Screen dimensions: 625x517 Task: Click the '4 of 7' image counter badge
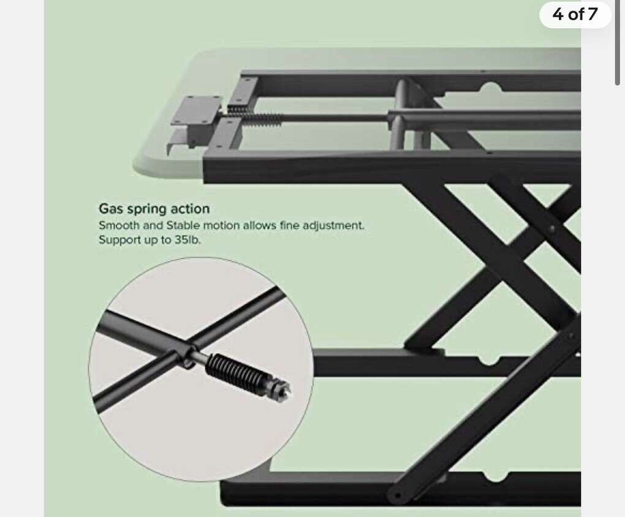tap(575, 15)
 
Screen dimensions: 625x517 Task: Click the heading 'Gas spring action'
tap(154, 208)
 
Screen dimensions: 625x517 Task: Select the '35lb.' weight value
tap(187, 240)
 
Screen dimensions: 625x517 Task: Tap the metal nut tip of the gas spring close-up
tap(281, 389)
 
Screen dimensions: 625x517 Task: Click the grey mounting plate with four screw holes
tap(197, 110)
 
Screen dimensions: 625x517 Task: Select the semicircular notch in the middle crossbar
tap(489, 360)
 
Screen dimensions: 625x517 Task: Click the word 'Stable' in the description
tap(183, 225)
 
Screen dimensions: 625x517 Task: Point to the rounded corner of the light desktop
tap(140, 167)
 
